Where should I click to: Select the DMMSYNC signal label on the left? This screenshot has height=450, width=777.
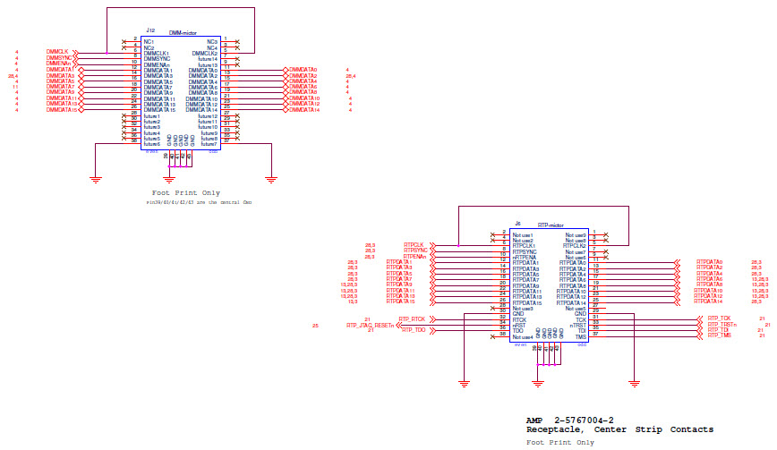click(59, 57)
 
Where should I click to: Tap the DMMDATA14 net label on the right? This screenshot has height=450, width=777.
click(304, 109)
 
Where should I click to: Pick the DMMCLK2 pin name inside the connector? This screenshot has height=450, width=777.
click(204, 54)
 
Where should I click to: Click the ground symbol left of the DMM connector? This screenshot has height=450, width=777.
click(95, 178)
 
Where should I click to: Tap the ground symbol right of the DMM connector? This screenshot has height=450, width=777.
click(269, 178)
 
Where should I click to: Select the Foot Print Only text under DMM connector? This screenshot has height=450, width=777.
click(185, 192)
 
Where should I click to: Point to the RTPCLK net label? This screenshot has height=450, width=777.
click(414, 244)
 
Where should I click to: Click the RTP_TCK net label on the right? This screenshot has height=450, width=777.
click(719, 318)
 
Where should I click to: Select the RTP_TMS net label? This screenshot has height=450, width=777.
click(719, 335)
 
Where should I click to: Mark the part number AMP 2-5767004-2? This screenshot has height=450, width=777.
click(569, 420)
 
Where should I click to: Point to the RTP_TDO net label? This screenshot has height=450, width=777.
click(413, 331)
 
